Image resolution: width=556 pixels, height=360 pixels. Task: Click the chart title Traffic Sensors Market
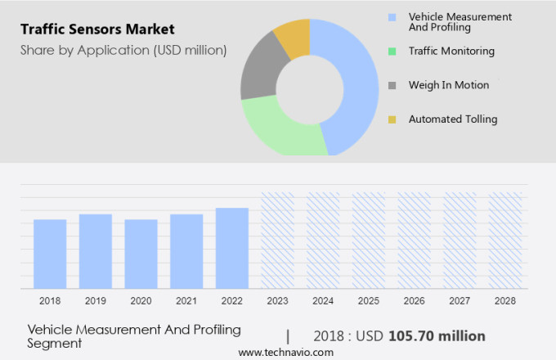click(x=97, y=29)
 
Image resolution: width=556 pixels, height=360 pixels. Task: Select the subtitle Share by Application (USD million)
click(x=123, y=51)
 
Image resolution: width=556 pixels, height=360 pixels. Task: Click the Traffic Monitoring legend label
click(x=451, y=51)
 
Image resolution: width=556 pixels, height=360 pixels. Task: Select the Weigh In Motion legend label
click(x=449, y=85)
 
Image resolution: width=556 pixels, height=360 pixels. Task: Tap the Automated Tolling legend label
click(x=453, y=119)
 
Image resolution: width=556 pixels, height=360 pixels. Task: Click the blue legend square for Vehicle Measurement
click(x=392, y=17)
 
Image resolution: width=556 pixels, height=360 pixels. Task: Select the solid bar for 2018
click(x=50, y=254)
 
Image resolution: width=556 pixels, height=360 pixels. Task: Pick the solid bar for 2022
click(x=232, y=248)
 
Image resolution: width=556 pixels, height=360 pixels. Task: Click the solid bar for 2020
click(x=141, y=254)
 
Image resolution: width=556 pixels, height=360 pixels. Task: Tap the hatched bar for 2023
click(x=277, y=241)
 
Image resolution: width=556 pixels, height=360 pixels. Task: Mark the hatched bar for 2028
click(x=505, y=241)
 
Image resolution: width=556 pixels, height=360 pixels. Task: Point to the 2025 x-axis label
click(x=369, y=301)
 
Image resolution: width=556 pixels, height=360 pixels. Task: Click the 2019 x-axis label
click(x=95, y=301)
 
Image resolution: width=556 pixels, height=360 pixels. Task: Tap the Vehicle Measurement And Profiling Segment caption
click(x=134, y=336)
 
